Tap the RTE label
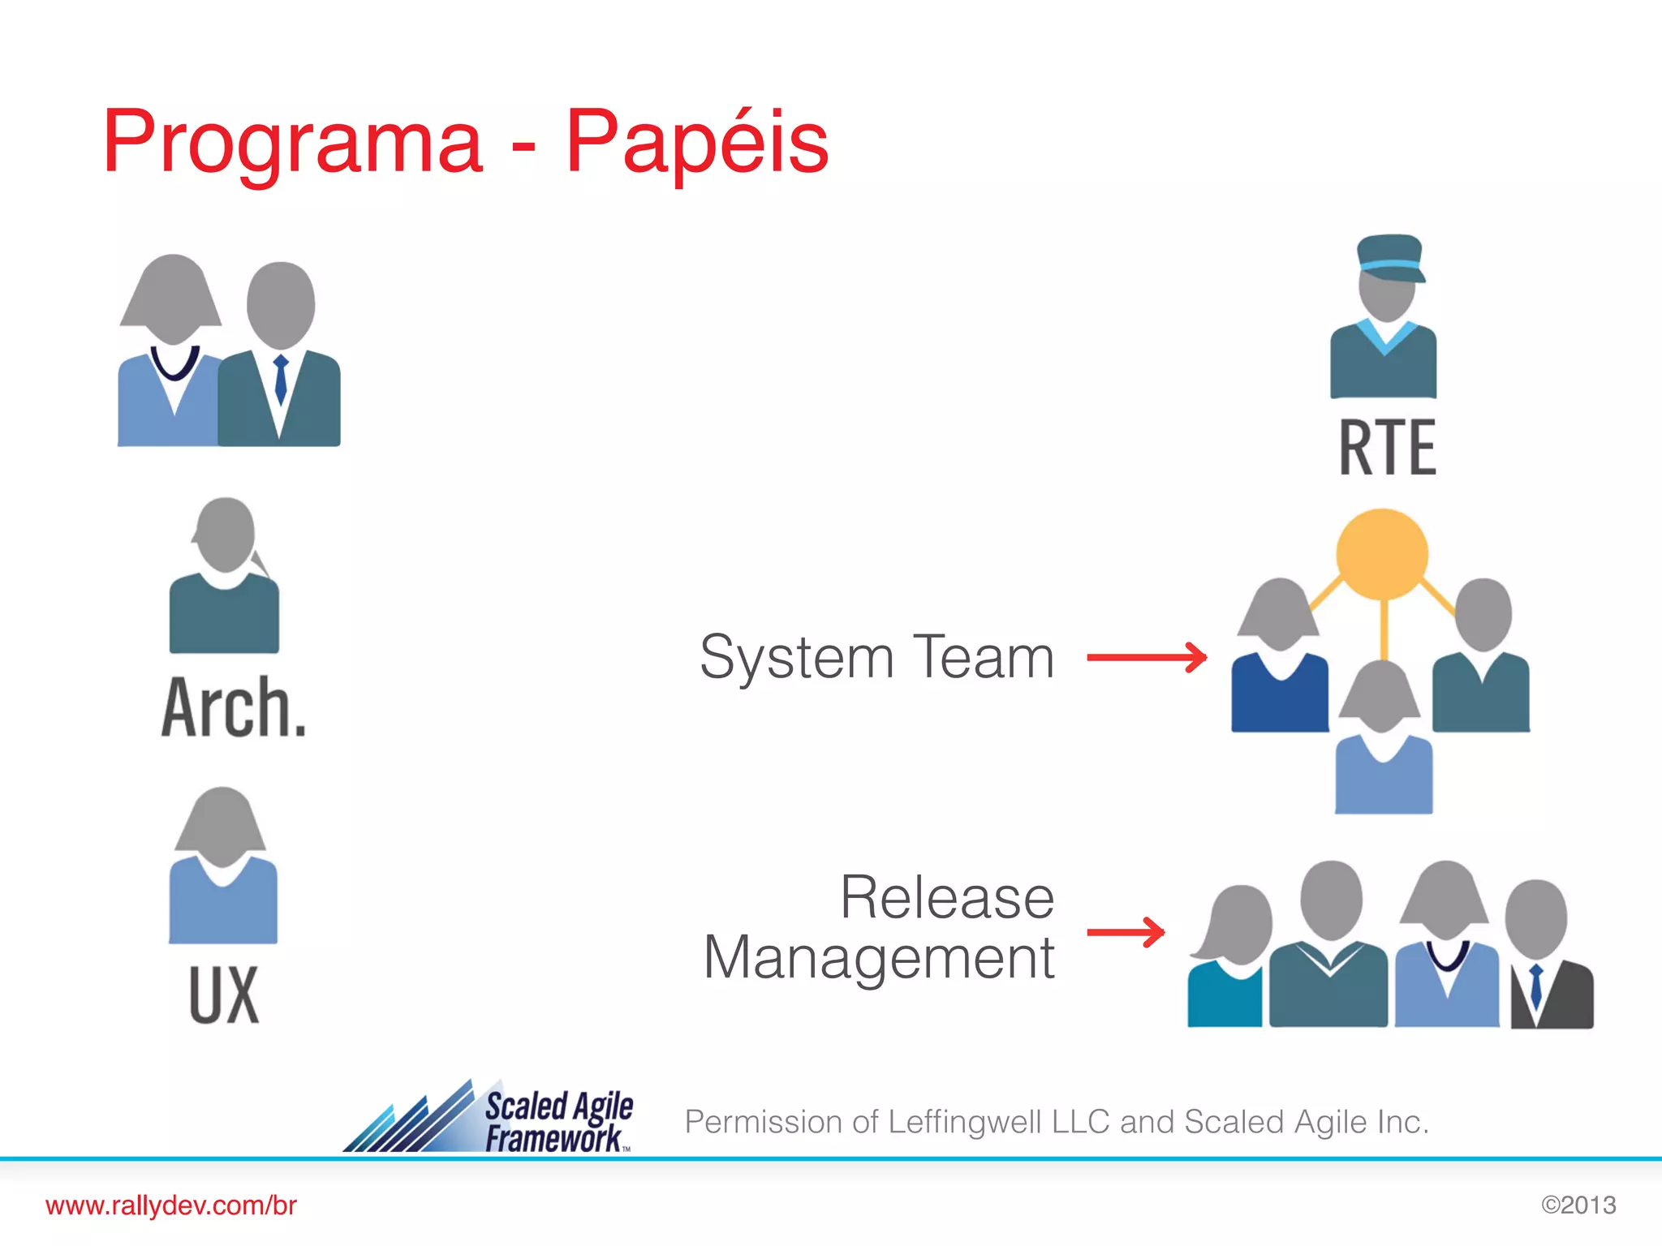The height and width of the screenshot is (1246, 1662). tap(1387, 448)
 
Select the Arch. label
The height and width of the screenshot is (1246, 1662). tap(234, 707)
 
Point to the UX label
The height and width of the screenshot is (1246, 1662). tap(224, 995)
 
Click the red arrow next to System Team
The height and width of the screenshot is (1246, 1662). tap(1147, 657)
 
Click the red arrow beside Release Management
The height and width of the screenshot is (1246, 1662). tap(1126, 932)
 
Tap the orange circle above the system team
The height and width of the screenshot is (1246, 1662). tap(1382, 555)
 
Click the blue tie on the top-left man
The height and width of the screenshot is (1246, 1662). tap(281, 379)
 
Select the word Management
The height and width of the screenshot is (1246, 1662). tap(879, 958)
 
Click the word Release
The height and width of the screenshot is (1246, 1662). tap(947, 898)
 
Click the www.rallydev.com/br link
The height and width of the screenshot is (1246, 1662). tap(171, 1205)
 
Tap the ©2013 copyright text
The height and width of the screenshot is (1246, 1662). tap(1578, 1205)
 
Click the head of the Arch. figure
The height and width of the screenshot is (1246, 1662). tap(225, 535)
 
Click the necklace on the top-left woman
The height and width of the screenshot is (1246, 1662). tap(174, 364)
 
